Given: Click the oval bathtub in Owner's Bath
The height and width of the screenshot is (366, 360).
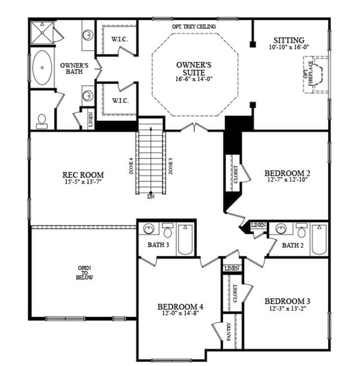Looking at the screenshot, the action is (x=42, y=67).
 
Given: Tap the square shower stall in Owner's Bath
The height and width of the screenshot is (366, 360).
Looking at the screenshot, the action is (x=42, y=33).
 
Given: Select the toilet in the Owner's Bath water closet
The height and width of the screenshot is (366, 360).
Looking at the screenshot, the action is (x=42, y=121).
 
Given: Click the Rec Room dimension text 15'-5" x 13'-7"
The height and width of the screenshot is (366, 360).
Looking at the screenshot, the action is (x=83, y=182).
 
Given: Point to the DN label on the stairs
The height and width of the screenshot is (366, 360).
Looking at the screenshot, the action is (x=151, y=197).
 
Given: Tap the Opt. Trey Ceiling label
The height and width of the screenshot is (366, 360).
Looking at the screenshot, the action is (x=193, y=26).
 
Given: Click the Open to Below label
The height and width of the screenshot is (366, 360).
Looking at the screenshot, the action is (x=84, y=273).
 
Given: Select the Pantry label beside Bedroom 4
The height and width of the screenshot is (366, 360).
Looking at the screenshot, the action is (x=229, y=332).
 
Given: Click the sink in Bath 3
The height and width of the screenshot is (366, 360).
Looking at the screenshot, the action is (x=148, y=229).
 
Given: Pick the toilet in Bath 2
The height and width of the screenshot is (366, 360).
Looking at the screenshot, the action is (x=301, y=231).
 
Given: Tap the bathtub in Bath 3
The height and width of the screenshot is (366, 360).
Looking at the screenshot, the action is (x=186, y=240).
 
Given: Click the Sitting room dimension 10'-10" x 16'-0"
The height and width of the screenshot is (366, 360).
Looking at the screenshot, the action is (x=289, y=47).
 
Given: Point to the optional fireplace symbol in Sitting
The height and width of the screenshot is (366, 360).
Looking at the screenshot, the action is (x=316, y=75).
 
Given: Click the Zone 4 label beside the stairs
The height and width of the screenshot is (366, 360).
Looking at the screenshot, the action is (x=131, y=166).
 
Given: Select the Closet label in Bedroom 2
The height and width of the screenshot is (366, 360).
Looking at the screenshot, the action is (x=235, y=174).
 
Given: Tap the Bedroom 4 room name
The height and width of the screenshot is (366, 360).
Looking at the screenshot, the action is (x=180, y=307).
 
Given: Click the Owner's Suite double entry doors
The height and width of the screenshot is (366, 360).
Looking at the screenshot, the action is (x=194, y=128).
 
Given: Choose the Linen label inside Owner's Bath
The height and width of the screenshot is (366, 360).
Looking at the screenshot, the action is (x=91, y=120).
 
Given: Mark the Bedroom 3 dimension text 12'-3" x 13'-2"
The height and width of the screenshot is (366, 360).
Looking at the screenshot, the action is (x=287, y=309).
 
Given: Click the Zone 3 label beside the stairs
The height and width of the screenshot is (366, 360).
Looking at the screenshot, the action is (x=171, y=166).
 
